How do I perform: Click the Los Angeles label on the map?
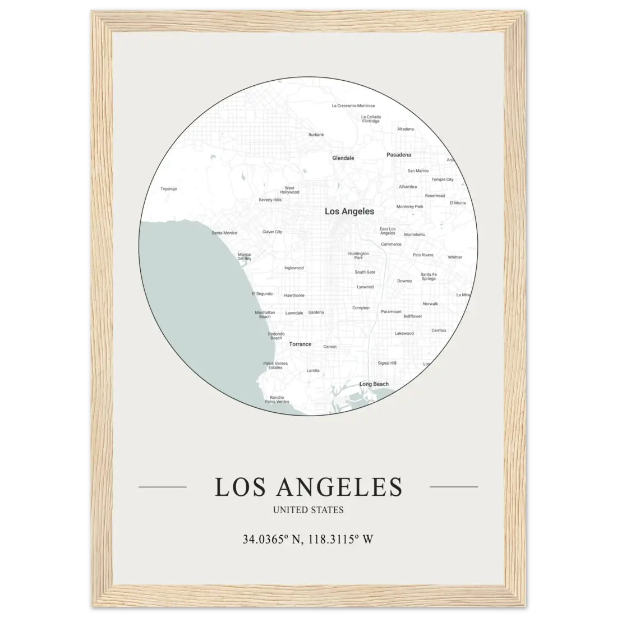pyautogui.click(x=349, y=211)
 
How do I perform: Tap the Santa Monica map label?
pyautogui.click(x=224, y=233)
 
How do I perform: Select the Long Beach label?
pyautogui.click(x=374, y=384)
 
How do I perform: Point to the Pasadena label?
pyautogui.click(x=399, y=155)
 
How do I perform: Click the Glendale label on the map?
pyautogui.click(x=343, y=158)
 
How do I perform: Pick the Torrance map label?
pyautogui.click(x=300, y=344)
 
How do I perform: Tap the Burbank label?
pyautogui.click(x=316, y=135)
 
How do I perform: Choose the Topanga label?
pyautogui.click(x=168, y=189)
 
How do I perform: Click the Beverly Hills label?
pyautogui.click(x=270, y=200)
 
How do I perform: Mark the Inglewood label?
pyautogui.click(x=294, y=268)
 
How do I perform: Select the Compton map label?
pyautogui.click(x=361, y=308)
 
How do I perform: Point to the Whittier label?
pyautogui.click(x=455, y=257)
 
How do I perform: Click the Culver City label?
pyautogui.click(x=272, y=232)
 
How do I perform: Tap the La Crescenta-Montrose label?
pyautogui.click(x=353, y=105)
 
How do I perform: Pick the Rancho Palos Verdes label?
pyautogui.click(x=277, y=399)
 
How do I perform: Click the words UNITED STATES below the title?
pyautogui.click(x=308, y=510)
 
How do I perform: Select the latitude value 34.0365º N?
pyautogui.click(x=272, y=540)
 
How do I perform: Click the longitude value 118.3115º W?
pyautogui.click(x=340, y=540)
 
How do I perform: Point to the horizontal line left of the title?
pyautogui.click(x=162, y=487)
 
